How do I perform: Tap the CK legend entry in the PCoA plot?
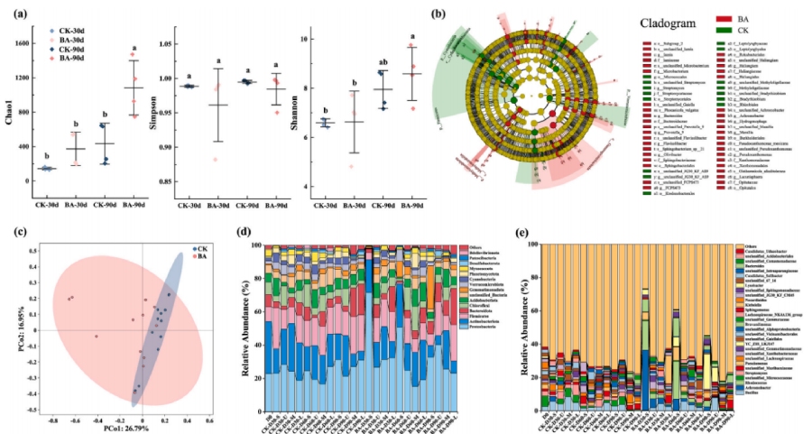[x=203, y=247]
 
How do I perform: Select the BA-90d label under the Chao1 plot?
[x=134, y=205]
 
